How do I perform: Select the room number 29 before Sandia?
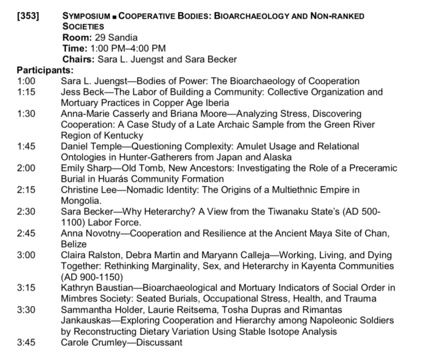tap(94, 37)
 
